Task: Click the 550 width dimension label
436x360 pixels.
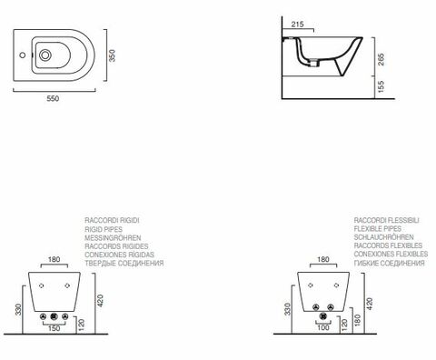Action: pos(53,98)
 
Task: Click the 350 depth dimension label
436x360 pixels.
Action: pos(112,55)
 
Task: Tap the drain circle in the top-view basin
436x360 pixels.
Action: pos(45,55)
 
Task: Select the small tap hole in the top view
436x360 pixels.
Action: pos(22,55)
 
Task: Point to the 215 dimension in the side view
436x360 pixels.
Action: pos(297,25)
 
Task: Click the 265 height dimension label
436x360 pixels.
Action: pos(381,59)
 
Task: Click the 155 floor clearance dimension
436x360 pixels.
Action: pos(381,86)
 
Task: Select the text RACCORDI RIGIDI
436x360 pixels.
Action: pos(112,220)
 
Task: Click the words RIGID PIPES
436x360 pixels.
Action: pos(104,229)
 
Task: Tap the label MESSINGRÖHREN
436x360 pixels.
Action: pos(113,237)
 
